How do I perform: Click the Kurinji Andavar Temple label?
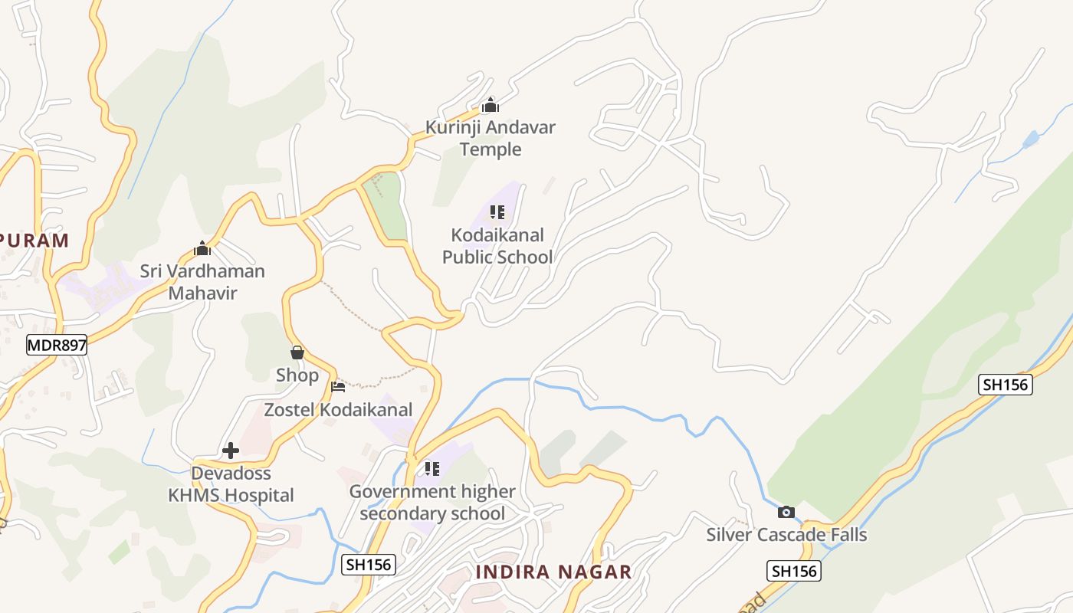491,138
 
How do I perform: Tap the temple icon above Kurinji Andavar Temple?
491,105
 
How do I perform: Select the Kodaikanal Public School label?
497,245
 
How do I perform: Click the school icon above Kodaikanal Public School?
497,212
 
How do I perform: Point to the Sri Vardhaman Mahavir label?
202,281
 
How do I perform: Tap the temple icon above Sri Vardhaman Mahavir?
202,248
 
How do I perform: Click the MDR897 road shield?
57,345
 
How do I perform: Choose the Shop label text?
297,375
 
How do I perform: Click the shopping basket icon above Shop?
297,352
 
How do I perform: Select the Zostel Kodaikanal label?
338,409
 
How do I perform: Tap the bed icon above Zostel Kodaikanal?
338,386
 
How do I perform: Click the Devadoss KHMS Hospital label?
231,484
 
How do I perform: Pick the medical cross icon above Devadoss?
231,451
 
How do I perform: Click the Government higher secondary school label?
432,502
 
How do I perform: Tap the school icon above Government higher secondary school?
432,468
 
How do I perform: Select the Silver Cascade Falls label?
786,534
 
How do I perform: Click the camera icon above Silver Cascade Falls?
786,512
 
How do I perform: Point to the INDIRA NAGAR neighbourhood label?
553,572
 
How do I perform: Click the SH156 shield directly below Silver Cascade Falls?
793,570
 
